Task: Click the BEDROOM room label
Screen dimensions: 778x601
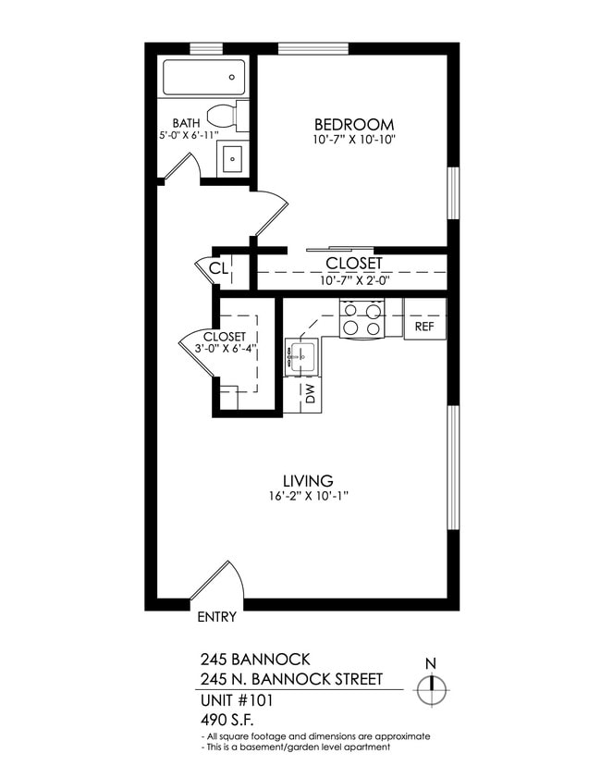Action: pyautogui.click(x=354, y=125)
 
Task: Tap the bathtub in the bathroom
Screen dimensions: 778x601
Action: pyautogui.click(x=204, y=77)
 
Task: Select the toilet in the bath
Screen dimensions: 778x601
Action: pyautogui.click(x=226, y=117)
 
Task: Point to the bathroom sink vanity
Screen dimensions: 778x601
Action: pyautogui.click(x=232, y=158)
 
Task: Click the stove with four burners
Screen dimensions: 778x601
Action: pyautogui.click(x=362, y=318)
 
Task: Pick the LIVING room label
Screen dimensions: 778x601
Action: pyautogui.click(x=308, y=480)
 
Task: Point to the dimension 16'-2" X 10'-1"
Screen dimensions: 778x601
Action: pyautogui.click(x=308, y=496)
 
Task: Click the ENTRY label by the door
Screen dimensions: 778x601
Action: pyautogui.click(x=217, y=617)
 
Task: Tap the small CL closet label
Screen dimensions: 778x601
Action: pyautogui.click(x=217, y=268)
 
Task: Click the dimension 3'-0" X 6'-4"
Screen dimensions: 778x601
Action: pyautogui.click(x=225, y=349)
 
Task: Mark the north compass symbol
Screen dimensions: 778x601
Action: pyautogui.click(x=431, y=689)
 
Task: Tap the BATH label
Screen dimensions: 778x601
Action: pyautogui.click(x=188, y=123)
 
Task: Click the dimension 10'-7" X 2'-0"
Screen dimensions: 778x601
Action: pyautogui.click(x=354, y=279)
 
